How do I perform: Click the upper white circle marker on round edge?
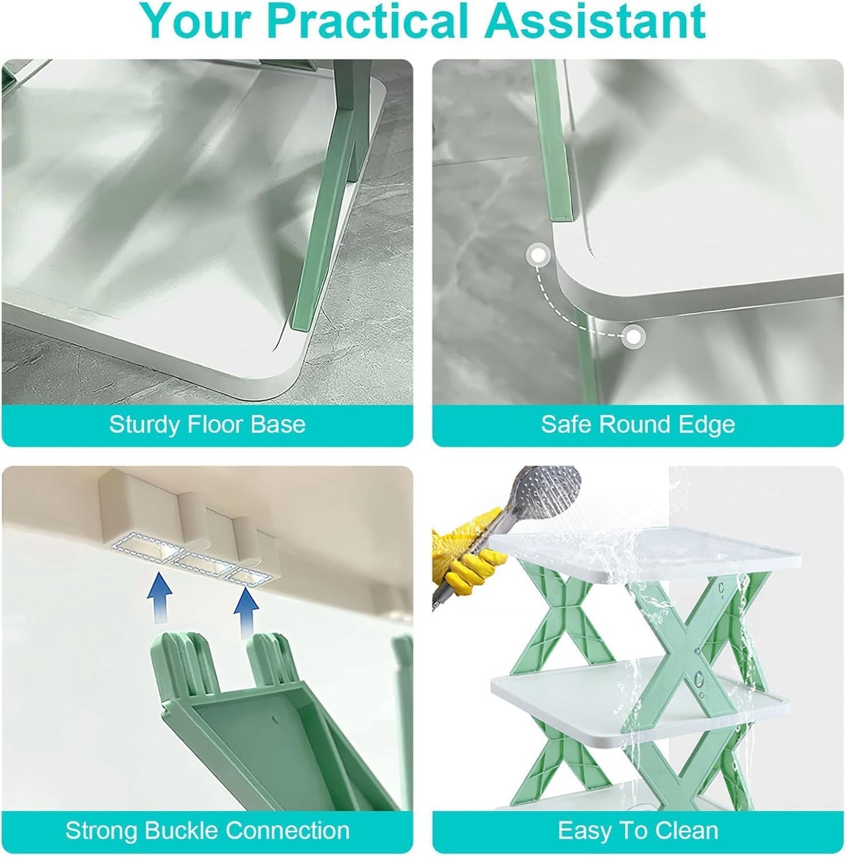(537, 255)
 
